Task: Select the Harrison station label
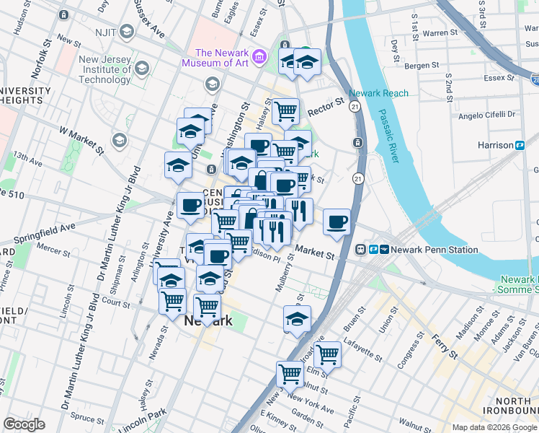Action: tap(495, 145)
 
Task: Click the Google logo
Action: tap(24, 424)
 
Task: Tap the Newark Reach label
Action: tap(378, 93)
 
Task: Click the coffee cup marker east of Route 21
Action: tap(337, 222)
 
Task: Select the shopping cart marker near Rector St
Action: tap(285, 111)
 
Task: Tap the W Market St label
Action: tap(81, 133)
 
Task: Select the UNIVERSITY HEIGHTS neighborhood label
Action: tap(26, 95)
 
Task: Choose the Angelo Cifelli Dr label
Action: tap(487, 114)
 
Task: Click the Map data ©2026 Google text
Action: tap(493, 427)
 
